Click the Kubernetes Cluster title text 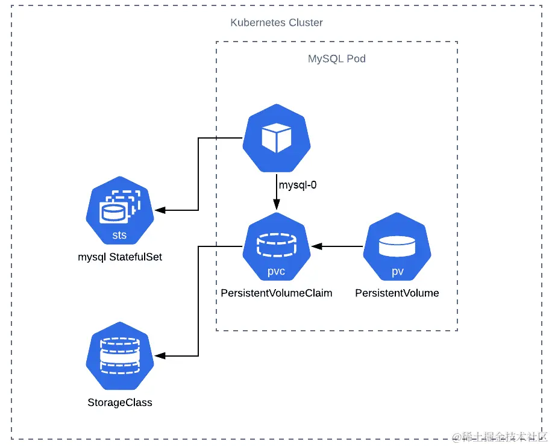pyautogui.click(x=277, y=23)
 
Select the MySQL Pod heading pyautogui.click(x=336, y=59)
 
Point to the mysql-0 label pyautogui.click(x=297, y=185)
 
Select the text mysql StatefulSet pyautogui.click(x=120, y=257)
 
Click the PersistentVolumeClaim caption pyautogui.click(x=277, y=293)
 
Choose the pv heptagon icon pyautogui.click(x=397, y=248)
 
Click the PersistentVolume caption pyautogui.click(x=397, y=293)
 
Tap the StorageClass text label pyautogui.click(x=120, y=402)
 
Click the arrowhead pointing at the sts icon pyautogui.click(x=160, y=210)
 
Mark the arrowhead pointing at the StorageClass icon pyautogui.click(x=160, y=356)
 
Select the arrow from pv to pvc pyautogui.click(x=337, y=246)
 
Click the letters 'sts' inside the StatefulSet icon pyautogui.click(x=119, y=235)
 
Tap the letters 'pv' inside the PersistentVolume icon pyautogui.click(x=397, y=271)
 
